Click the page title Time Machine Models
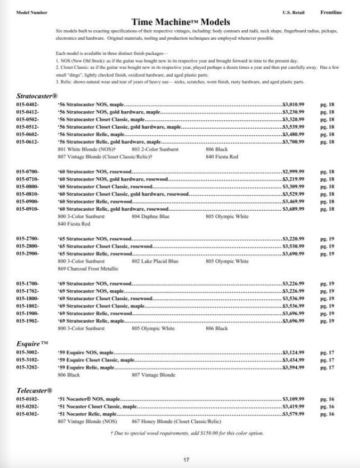tap(181, 22)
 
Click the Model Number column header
tap(32, 12)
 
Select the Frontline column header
tap(331, 12)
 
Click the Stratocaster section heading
tap(37, 96)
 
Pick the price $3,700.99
tap(293, 142)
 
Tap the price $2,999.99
tap(293, 171)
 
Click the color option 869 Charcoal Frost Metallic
tap(84, 268)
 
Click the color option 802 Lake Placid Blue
tap(155, 261)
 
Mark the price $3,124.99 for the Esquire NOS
tap(293, 352)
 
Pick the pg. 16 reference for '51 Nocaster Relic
tap(328, 414)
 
